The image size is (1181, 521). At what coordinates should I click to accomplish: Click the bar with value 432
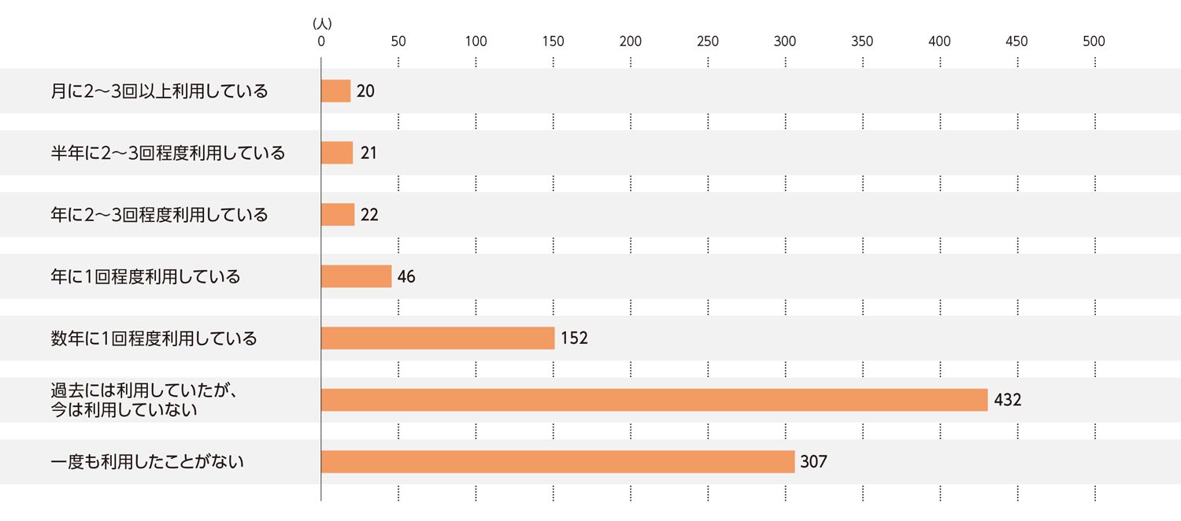pyautogui.click(x=653, y=400)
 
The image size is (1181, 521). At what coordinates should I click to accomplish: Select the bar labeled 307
pyautogui.click(x=557, y=462)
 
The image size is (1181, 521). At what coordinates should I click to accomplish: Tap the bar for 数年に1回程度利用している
pyautogui.click(x=438, y=338)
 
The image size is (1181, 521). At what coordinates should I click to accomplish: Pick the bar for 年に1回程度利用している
pyautogui.click(x=356, y=276)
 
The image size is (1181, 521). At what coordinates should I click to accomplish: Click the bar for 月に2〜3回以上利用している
pyautogui.click(x=335, y=91)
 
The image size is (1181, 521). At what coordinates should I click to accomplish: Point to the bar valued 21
pyautogui.click(x=337, y=153)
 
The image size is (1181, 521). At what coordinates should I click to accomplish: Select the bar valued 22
pyautogui.click(x=338, y=214)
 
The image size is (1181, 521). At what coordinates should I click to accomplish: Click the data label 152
pyautogui.click(x=575, y=338)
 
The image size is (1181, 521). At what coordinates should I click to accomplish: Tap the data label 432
pyautogui.click(x=1008, y=400)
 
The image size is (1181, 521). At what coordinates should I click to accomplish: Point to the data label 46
pyautogui.click(x=406, y=277)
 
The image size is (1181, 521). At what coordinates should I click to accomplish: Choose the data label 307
pyautogui.click(x=814, y=462)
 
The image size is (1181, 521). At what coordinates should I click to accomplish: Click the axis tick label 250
pyautogui.click(x=708, y=42)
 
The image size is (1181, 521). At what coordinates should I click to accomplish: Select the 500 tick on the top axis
pyautogui.click(x=1094, y=42)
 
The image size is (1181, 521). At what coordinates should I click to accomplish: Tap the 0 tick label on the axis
pyautogui.click(x=321, y=42)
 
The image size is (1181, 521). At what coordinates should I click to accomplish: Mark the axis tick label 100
pyautogui.click(x=476, y=42)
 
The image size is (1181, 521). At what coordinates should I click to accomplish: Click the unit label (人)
pyautogui.click(x=322, y=24)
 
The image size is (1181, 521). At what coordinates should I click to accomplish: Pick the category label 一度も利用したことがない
pyautogui.click(x=147, y=462)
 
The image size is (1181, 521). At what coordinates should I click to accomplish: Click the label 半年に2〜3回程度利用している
pyautogui.click(x=168, y=153)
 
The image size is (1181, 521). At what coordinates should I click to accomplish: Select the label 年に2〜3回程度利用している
pyautogui.click(x=159, y=214)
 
